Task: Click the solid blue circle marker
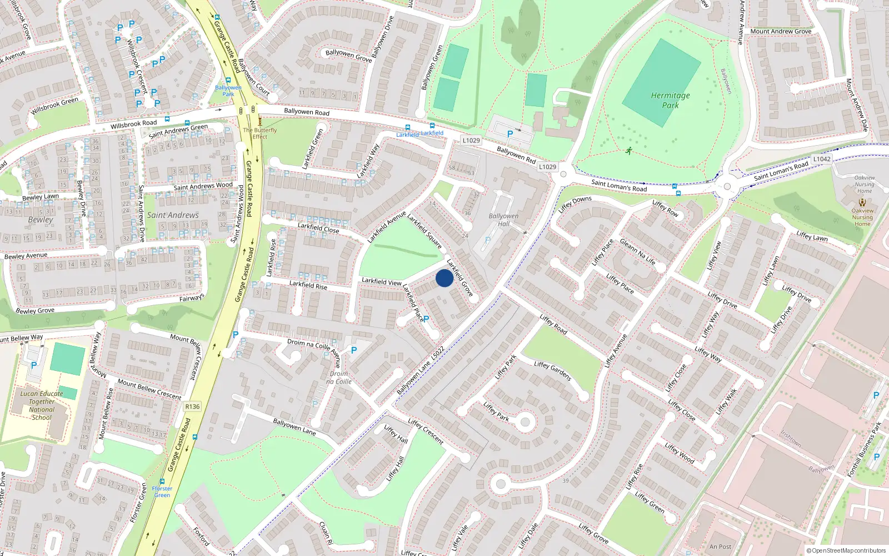tap(444, 278)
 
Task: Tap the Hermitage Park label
tap(671, 100)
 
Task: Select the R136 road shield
tap(192, 406)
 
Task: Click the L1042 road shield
tap(822, 159)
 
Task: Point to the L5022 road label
tap(438, 354)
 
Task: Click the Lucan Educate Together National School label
tap(42, 405)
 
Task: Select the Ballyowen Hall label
tap(503, 220)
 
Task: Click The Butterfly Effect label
tap(259, 133)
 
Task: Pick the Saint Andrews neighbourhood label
tap(173, 215)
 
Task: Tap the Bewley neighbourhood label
tap(41, 220)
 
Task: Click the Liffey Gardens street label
tap(552, 371)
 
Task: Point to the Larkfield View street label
tap(381, 281)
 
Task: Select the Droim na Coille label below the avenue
tap(338, 378)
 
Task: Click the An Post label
tap(720, 547)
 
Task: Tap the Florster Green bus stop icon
tap(162, 481)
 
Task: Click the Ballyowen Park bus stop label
tap(228, 91)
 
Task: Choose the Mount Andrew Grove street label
tap(781, 31)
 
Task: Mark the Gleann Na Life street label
tap(637, 252)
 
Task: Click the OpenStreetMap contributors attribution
tap(846, 550)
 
